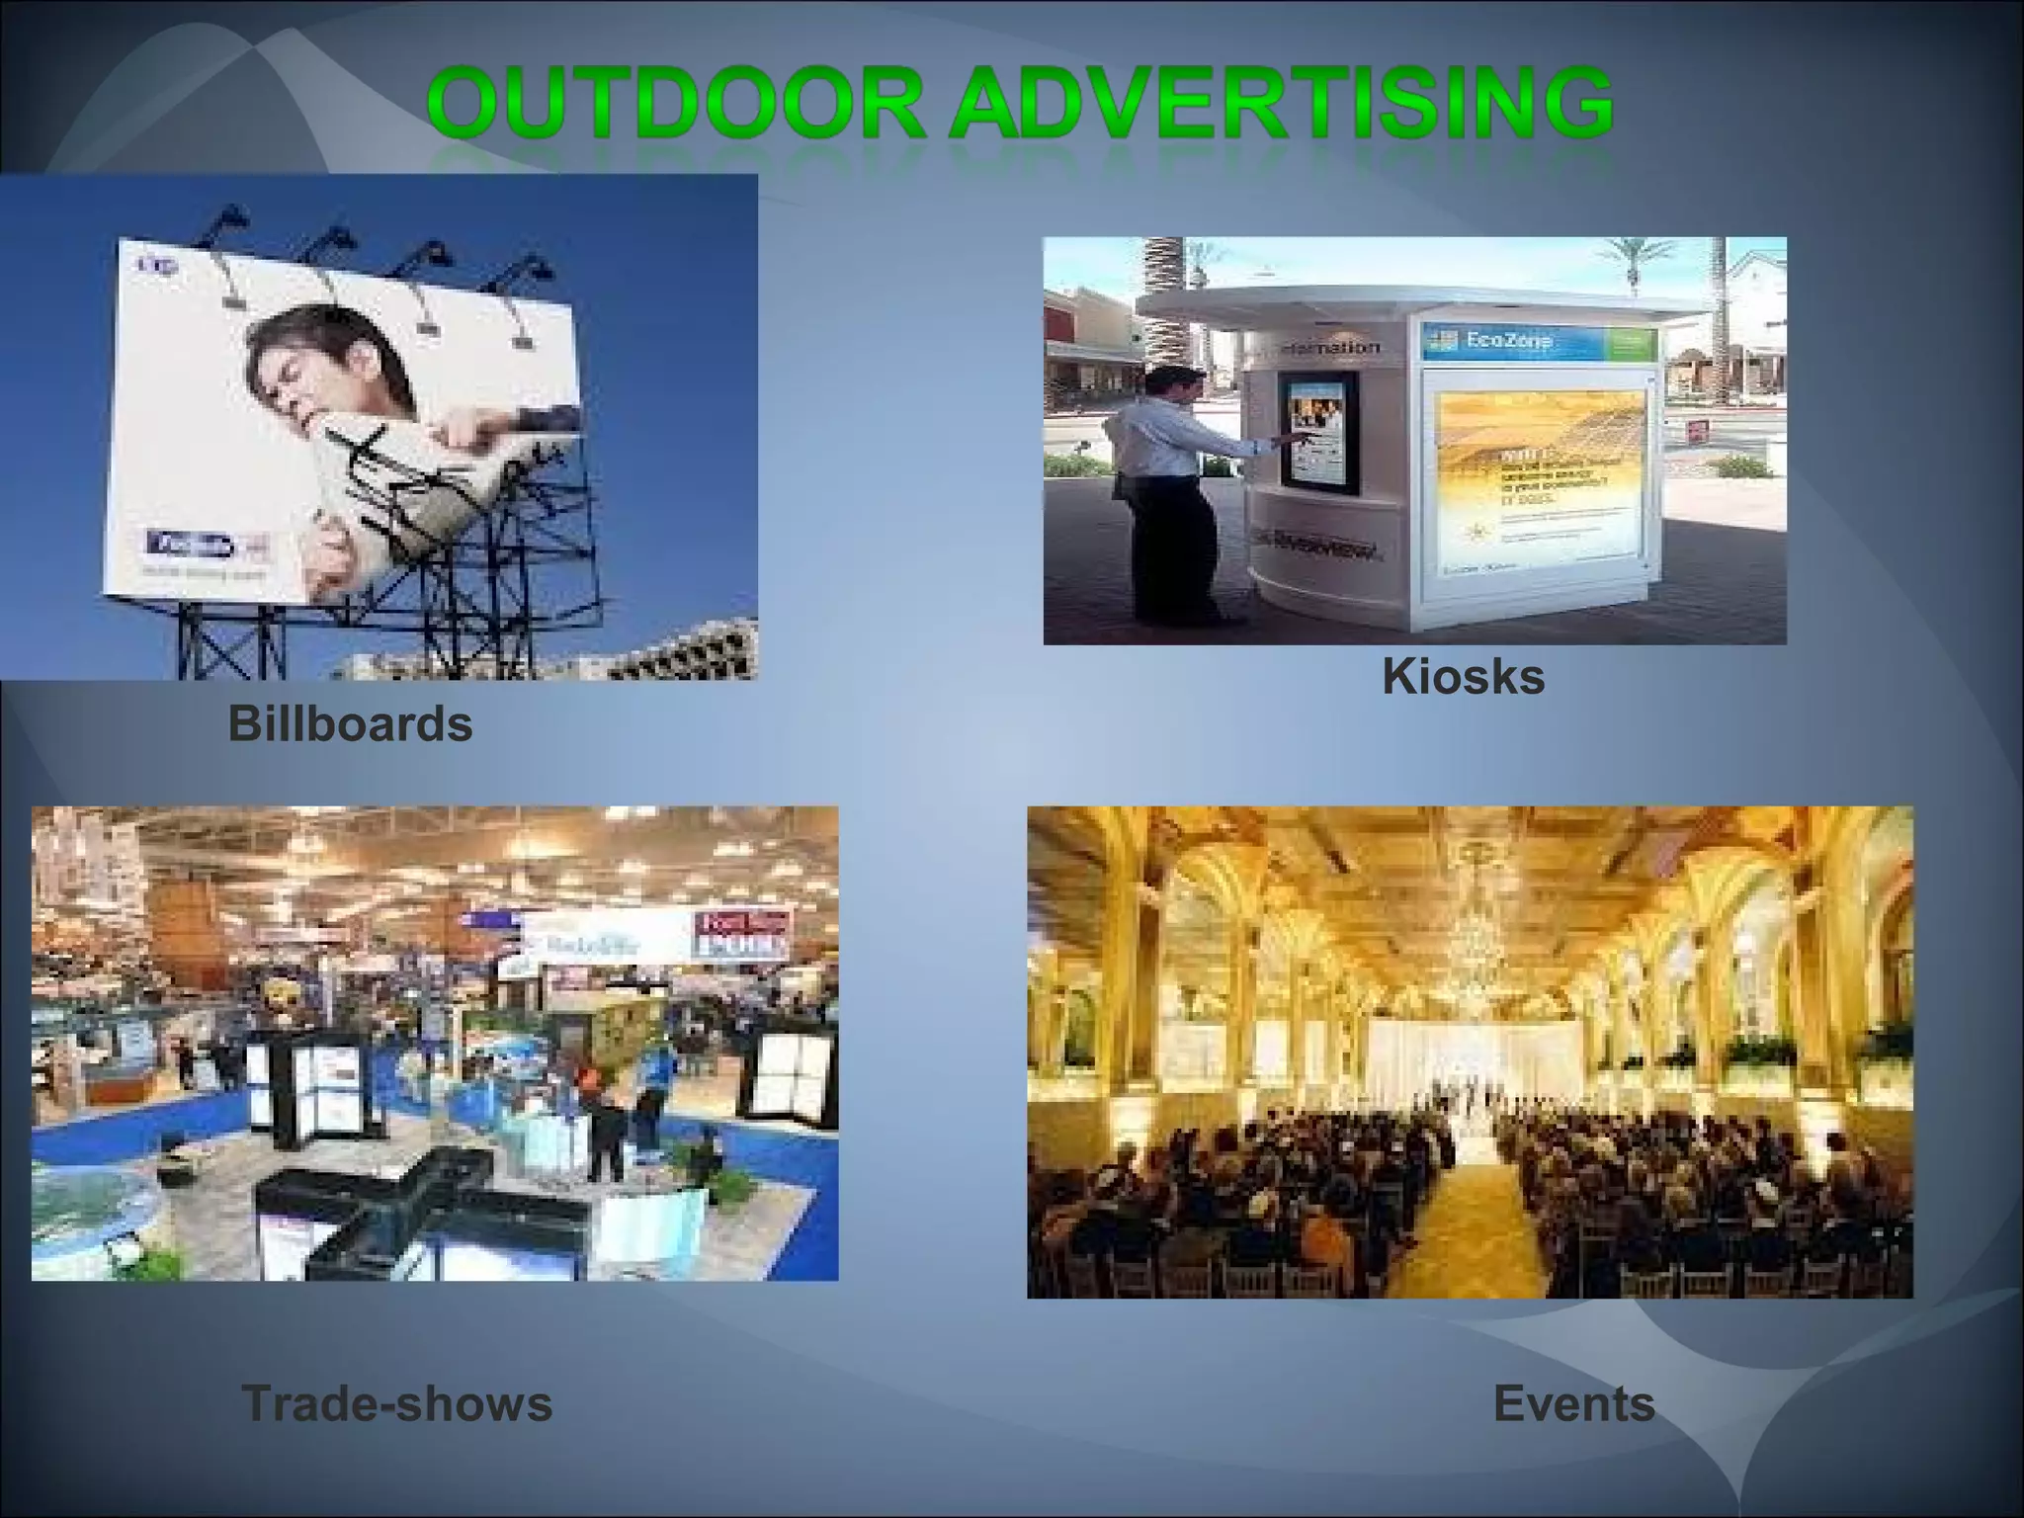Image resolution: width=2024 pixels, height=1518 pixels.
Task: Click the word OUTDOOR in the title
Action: [x=677, y=104]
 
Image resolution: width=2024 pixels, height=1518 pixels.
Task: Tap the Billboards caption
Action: [x=350, y=723]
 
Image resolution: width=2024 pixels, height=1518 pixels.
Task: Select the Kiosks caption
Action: [x=1463, y=677]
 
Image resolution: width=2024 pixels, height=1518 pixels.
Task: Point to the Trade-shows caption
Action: [x=396, y=1403]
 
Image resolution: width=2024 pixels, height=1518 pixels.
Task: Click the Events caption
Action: [x=1573, y=1403]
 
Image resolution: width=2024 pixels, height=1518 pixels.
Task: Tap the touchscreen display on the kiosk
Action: [x=1316, y=430]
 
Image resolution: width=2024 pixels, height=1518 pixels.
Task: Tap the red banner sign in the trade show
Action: [x=743, y=934]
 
